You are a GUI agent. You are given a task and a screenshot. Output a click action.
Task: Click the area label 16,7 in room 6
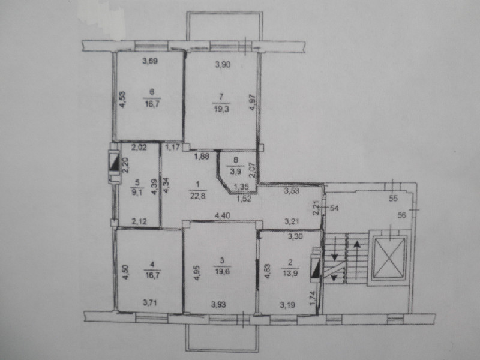(152, 104)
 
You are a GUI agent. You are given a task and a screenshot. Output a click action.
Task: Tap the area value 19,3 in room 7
(221, 109)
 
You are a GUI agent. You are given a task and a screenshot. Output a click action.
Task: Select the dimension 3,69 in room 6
(150, 61)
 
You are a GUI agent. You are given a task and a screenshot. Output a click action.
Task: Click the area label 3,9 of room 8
(235, 172)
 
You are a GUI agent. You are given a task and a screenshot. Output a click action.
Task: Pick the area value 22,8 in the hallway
(198, 196)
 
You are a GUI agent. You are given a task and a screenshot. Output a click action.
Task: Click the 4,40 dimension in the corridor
(223, 216)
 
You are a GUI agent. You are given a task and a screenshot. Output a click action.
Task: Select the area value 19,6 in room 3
(222, 272)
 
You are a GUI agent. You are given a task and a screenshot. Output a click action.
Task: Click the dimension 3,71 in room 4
(150, 304)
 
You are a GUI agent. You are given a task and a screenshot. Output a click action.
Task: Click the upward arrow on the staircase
(357, 260)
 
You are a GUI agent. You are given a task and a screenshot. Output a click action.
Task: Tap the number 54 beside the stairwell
(334, 208)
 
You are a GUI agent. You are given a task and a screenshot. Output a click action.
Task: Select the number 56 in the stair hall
(401, 215)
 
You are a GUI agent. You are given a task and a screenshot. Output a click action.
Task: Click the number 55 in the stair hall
(393, 199)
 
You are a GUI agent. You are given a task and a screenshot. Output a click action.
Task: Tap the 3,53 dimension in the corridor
(292, 191)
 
